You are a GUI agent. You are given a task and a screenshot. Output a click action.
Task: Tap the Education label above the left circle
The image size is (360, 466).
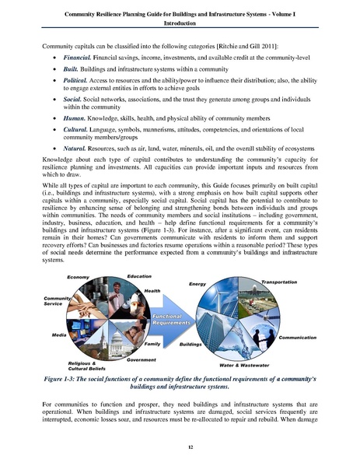point(139,276)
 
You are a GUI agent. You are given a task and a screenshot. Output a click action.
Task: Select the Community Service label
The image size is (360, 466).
point(58,301)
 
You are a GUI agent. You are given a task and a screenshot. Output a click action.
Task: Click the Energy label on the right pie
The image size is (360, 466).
point(197,284)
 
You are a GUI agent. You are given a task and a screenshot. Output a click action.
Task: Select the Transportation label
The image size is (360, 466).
point(279,281)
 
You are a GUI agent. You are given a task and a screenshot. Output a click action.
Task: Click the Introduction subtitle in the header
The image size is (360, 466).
point(180,21)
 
